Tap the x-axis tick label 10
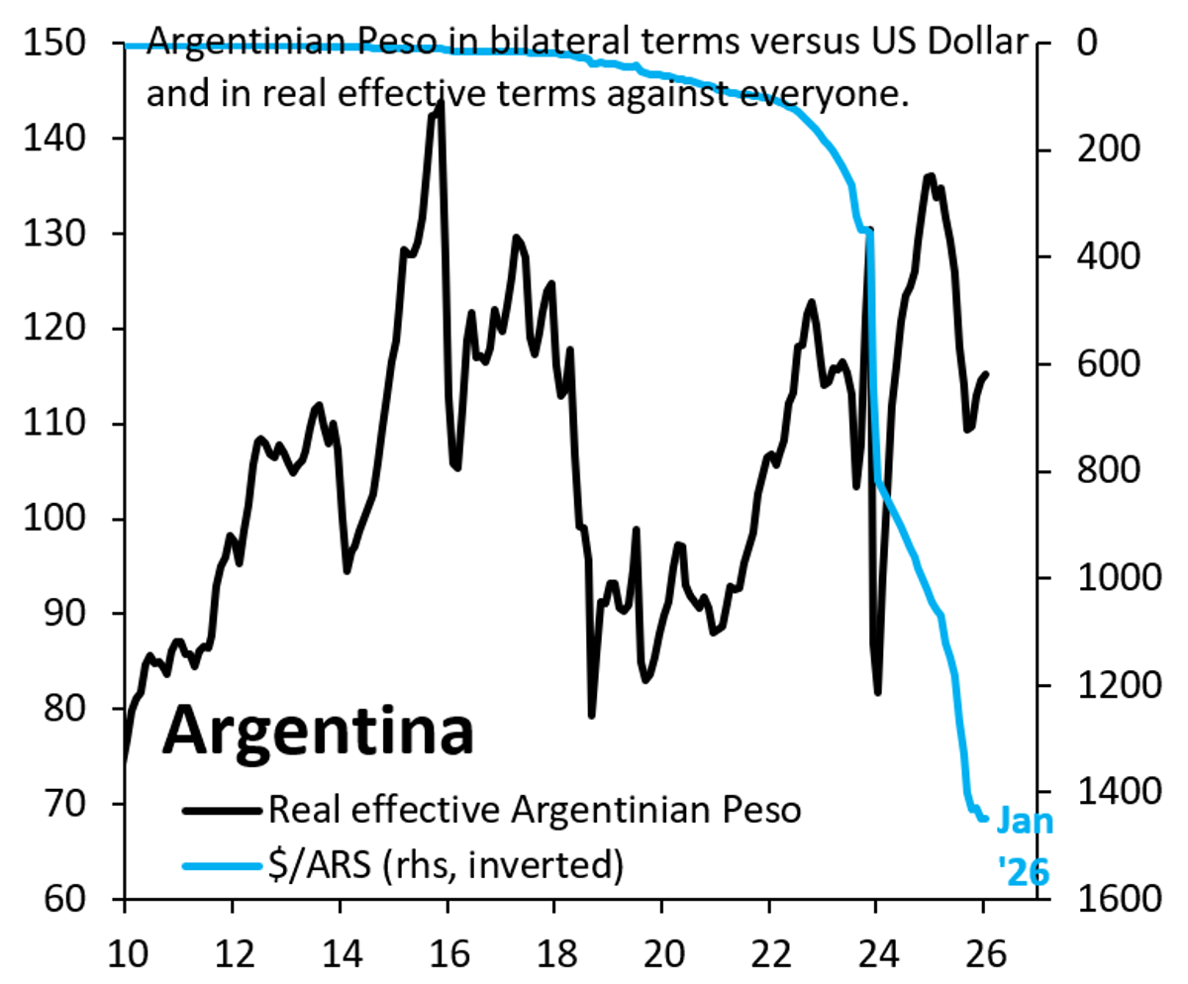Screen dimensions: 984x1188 point(125,951)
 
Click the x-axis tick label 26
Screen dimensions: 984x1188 point(983,951)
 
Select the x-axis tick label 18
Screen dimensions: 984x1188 point(554,951)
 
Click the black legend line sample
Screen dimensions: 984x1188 point(224,811)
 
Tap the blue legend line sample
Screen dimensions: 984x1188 point(224,865)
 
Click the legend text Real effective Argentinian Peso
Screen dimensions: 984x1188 point(534,811)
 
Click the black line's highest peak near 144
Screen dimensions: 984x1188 point(440,100)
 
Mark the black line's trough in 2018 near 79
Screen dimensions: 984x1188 point(592,715)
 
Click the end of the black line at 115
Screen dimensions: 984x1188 point(986,374)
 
